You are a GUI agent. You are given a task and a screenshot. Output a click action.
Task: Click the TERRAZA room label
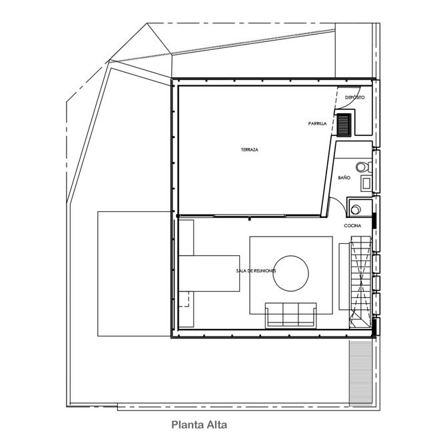pyautogui.click(x=250, y=150)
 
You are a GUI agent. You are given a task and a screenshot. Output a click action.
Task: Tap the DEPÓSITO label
pyautogui.click(x=354, y=97)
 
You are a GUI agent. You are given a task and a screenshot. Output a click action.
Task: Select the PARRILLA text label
pyautogui.click(x=317, y=124)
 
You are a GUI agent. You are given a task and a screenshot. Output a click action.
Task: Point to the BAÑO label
pyautogui.click(x=344, y=178)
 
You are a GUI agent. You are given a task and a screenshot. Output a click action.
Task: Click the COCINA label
pyautogui.click(x=352, y=226)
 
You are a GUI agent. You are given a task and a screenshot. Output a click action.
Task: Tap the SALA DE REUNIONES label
pyautogui.click(x=256, y=271)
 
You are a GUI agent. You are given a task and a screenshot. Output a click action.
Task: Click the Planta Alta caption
pyautogui.click(x=199, y=424)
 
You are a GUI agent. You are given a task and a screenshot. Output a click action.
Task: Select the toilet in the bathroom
pyautogui.click(x=364, y=167)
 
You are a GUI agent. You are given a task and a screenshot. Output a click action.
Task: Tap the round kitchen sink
pyautogui.click(x=356, y=209)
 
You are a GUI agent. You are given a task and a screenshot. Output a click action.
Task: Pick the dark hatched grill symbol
pyautogui.click(x=344, y=125)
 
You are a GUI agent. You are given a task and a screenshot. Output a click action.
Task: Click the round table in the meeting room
pyautogui.click(x=290, y=273)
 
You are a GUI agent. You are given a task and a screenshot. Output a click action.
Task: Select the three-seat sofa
pyautogui.click(x=291, y=315)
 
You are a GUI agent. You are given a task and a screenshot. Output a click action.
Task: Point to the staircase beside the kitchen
pyautogui.click(x=360, y=282)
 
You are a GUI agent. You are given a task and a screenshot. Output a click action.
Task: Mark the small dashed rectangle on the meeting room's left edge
pyautogui.click(x=184, y=298)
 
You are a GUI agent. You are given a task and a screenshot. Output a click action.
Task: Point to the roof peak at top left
pyautogui.click(x=147, y=23)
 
